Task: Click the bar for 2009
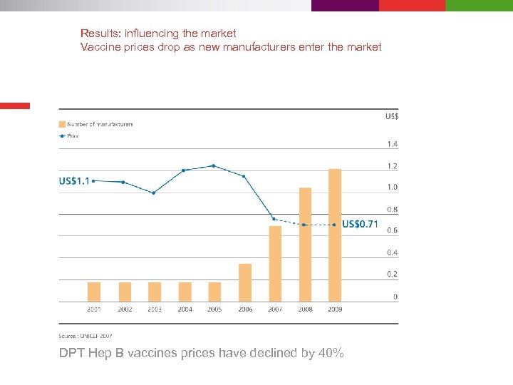tap(335, 235)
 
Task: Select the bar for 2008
tap(305, 245)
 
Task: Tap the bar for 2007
tap(275, 264)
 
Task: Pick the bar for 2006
tap(245, 282)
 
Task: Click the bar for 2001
tap(94, 292)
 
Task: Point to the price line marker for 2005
tap(214, 165)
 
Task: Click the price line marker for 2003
tap(153, 192)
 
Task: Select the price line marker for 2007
tap(274, 219)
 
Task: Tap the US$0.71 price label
tap(360, 224)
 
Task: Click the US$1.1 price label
tap(74, 181)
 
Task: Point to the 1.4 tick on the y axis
tap(393, 144)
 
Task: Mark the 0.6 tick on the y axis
tap(393, 230)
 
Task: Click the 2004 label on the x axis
tap(185, 309)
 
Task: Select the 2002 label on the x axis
tap(125, 309)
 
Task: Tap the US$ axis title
tap(392, 116)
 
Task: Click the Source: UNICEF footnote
tap(85, 335)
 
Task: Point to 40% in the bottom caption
tap(332, 353)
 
